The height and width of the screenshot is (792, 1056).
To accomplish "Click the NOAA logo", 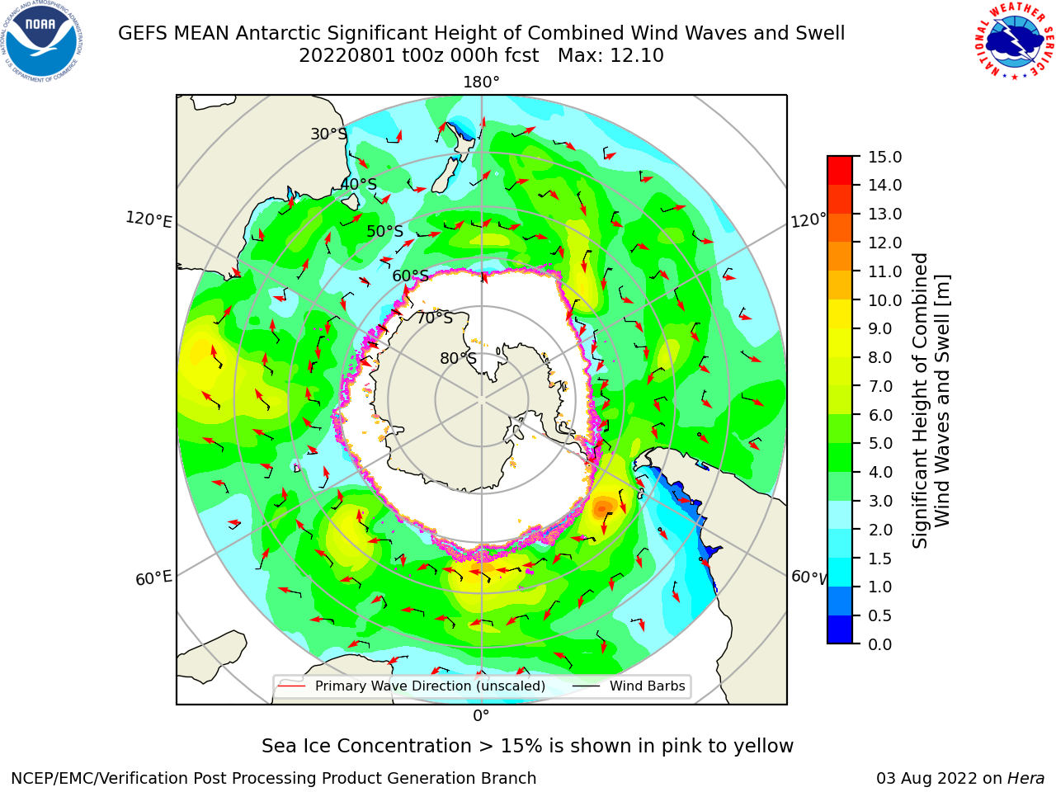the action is (x=42, y=42).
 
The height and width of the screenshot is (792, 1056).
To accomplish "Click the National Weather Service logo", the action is (x=1014, y=41).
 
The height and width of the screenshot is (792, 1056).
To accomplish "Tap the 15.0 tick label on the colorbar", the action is (x=884, y=158).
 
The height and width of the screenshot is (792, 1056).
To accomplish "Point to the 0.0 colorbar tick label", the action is (x=880, y=644).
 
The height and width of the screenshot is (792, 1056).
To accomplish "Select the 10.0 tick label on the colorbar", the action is (x=884, y=300).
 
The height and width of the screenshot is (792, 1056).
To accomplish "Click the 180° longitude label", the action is (x=481, y=82).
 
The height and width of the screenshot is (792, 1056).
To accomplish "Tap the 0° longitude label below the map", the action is (x=481, y=716).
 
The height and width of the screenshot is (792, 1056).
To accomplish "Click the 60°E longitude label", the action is (x=153, y=578).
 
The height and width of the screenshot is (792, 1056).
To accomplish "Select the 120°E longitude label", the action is (x=148, y=219).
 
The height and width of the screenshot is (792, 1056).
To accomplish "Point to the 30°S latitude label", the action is (x=328, y=134).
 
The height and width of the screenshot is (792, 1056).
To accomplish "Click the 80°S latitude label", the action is (x=458, y=359).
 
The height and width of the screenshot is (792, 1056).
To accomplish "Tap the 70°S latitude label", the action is (x=435, y=318).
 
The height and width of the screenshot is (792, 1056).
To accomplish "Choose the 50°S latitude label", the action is (x=385, y=231).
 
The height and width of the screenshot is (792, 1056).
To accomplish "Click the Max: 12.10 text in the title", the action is (x=610, y=56).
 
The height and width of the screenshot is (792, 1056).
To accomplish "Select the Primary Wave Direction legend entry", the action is (x=412, y=686).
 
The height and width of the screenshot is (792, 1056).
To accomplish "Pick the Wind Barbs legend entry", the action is (x=629, y=686).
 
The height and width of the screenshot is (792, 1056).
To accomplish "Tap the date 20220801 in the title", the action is (x=346, y=56).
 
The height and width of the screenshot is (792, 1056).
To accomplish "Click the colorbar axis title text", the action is (x=931, y=401).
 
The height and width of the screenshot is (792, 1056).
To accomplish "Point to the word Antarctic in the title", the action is (x=278, y=33).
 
